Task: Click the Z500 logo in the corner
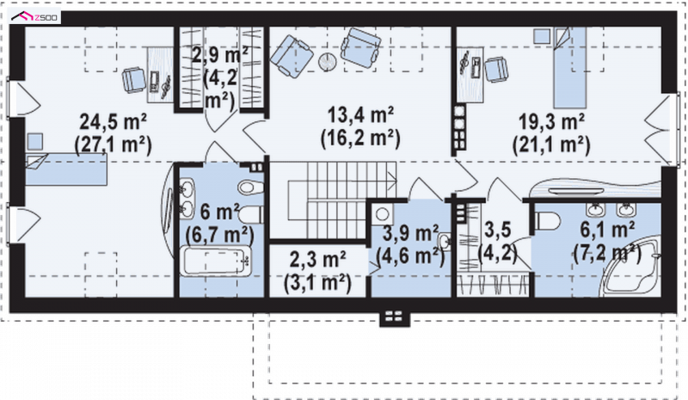35,17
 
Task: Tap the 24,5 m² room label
114,121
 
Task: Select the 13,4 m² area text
360,115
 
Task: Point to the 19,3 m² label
551,121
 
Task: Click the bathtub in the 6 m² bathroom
217,262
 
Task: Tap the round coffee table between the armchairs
327,61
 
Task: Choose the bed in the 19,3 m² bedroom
569,68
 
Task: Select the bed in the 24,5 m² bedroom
66,169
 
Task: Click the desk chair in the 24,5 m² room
134,79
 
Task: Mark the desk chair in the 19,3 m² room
496,69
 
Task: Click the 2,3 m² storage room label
317,261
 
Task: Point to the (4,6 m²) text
411,255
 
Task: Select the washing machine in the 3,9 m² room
382,215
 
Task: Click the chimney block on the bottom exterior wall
395,317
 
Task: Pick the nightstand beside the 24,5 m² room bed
34,142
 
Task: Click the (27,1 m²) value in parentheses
114,145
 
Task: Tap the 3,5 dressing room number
498,230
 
